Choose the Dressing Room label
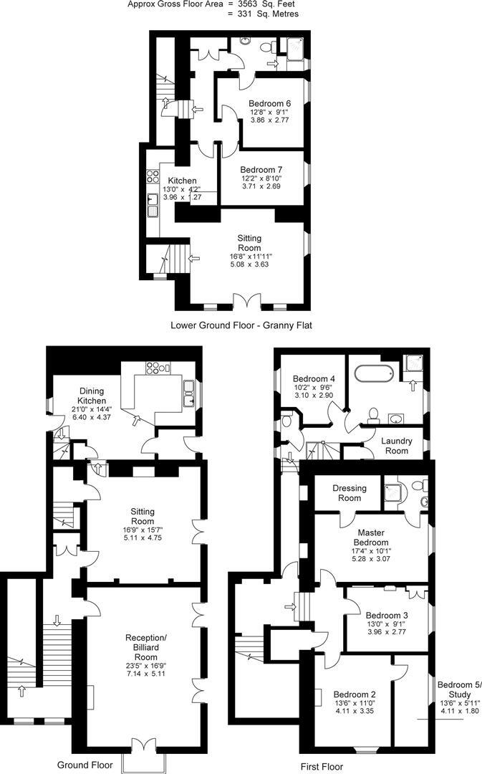tap(349, 493)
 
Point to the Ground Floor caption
tap(85, 765)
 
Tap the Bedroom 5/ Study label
tap(459, 689)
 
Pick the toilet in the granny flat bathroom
tap(267, 47)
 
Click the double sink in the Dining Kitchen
tap(191, 391)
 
